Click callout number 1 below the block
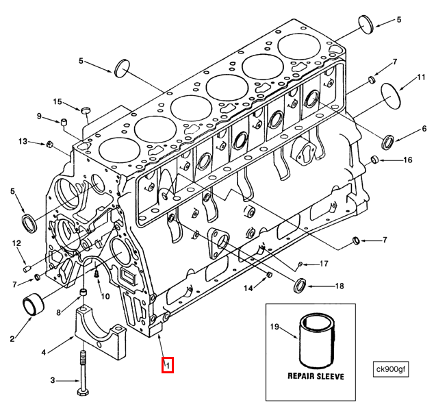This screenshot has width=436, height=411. click(167, 365)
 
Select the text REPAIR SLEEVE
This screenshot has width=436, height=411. click(316, 377)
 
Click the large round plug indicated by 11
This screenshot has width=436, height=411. click(389, 95)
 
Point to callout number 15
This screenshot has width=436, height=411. click(58, 102)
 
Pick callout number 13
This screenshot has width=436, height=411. click(23, 142)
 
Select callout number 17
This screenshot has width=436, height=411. click(324, 263)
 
